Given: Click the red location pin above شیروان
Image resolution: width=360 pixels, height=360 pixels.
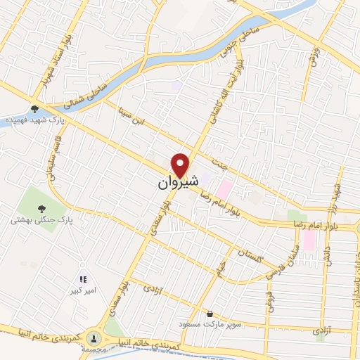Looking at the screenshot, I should (181, 164).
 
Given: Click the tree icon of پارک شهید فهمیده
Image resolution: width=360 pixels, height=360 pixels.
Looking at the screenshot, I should (34, 108).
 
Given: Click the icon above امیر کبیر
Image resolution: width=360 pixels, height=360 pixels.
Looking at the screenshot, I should (83, 278).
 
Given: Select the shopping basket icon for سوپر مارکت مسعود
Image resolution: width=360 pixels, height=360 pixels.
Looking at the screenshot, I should (209, 313).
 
